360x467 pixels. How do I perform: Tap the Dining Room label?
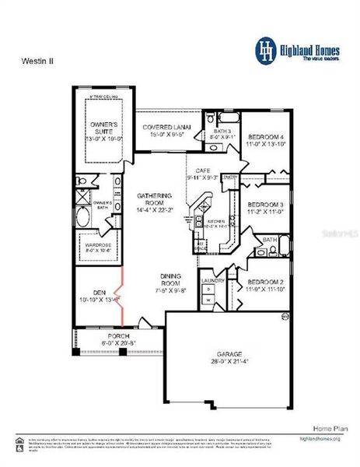pyautogui.click(x=170, y=279)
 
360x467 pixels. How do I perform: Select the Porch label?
pyautogui.click(x=118, y=336)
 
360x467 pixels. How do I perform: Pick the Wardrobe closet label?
pyautogui.click(x=97, y=246)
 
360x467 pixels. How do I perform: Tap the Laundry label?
pyautogui.click(x=212, y=280)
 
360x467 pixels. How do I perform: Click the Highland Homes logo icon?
pyautogui.click(x=267, y=50)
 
